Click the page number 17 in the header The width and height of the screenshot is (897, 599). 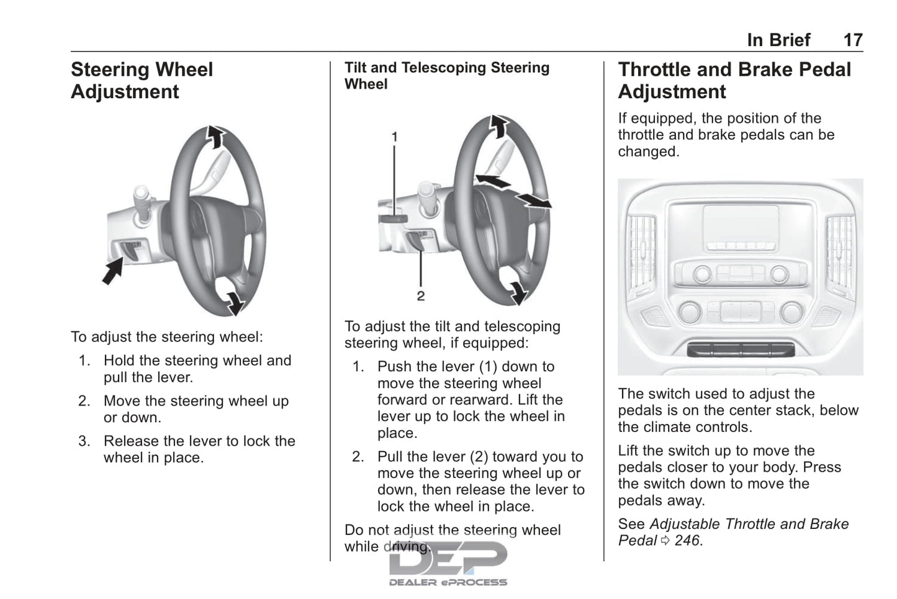click(852, 40)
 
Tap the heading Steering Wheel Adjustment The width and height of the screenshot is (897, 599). click(142, 80)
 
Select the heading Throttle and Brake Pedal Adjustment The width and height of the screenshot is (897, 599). click(734, 80)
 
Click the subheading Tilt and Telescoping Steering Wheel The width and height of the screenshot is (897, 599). click(446, 76)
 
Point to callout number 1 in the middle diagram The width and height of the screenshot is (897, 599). click(394, 136)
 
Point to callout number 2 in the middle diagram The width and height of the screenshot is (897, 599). click(421, 296)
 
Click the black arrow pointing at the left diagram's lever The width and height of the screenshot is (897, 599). click(113, 271)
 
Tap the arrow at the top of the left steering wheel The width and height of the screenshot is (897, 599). click(215, 137)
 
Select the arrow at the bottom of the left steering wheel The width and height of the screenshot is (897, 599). click(234, 303)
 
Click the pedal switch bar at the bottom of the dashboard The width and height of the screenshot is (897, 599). click(740, 349)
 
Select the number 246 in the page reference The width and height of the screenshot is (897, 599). click(687, 541)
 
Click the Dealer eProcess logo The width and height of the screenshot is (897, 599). click(448, 563)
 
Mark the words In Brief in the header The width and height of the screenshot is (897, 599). click(778, 40)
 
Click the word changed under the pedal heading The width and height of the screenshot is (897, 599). click(647, 152)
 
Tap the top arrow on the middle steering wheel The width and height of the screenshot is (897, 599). click(498, 126)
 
